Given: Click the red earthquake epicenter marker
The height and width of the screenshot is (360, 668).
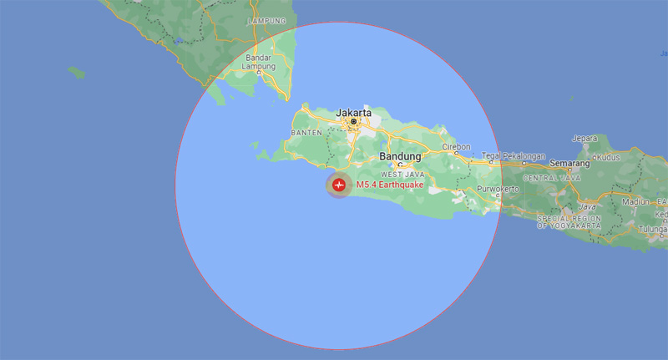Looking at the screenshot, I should [339, 185].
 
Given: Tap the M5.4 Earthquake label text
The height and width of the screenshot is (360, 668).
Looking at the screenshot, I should [389, 185].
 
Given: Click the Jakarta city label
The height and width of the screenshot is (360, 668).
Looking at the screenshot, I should [353, 111].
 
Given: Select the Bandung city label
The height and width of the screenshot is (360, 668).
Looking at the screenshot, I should [400, 156].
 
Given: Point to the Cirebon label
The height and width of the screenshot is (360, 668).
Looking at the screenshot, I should [457, 145].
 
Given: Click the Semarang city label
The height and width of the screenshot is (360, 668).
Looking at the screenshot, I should [570, 164].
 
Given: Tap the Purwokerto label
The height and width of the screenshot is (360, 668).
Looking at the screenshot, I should [498, 190].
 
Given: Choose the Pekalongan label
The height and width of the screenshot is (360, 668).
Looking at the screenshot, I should [524, 156].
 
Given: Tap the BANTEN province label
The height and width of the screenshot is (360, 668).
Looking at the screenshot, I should [306, 133].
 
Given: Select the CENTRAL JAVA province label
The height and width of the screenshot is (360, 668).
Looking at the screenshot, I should [552, 178].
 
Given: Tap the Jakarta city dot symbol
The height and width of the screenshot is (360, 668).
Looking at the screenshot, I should [354, 122].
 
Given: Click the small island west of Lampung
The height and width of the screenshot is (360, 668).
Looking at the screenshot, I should [76, 73].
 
